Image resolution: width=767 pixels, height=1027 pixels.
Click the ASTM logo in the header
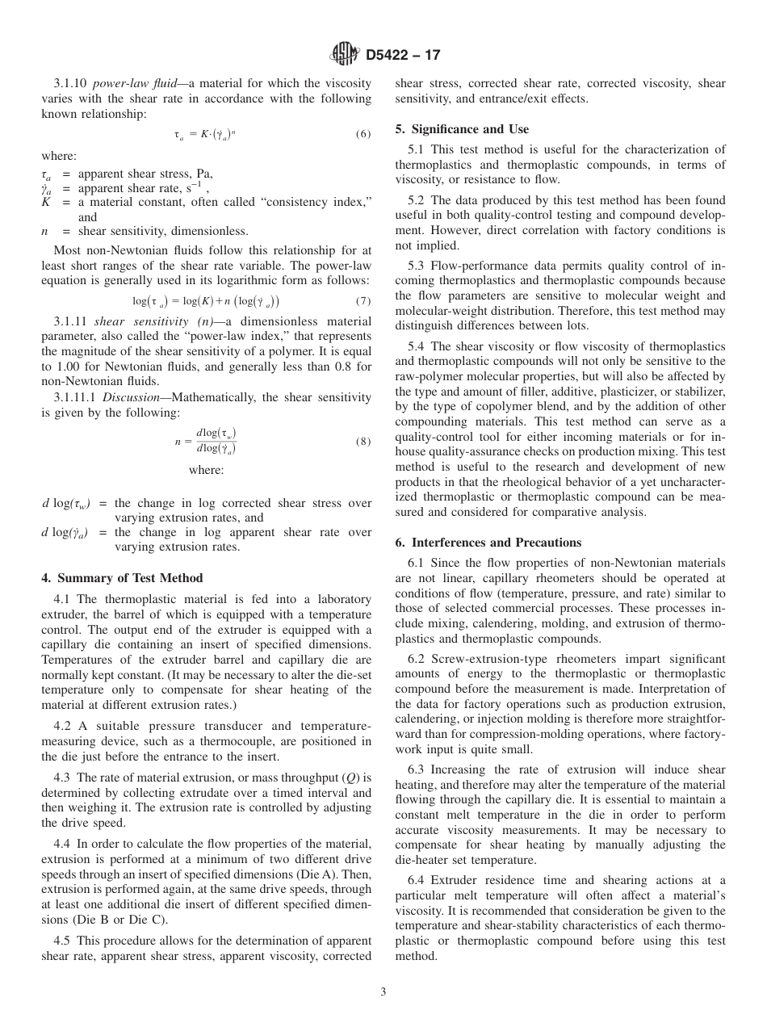345,55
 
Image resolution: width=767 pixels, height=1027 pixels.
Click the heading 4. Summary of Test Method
122,578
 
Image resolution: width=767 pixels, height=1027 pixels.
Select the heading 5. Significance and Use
462,129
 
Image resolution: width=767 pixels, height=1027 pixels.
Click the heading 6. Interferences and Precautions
488,543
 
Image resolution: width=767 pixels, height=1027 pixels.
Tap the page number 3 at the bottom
383,992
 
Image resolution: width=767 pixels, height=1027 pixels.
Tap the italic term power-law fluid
128,83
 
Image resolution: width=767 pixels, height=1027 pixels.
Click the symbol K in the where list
46,202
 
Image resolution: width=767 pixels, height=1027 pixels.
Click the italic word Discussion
128,396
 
